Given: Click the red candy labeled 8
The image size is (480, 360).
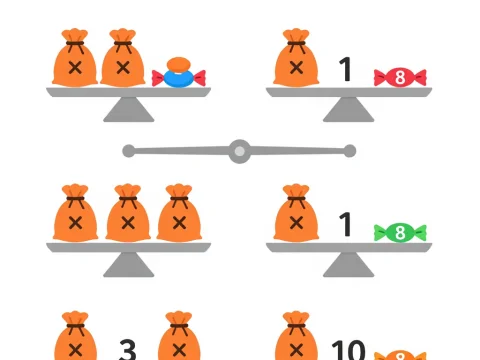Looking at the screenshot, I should [x=399, y=76].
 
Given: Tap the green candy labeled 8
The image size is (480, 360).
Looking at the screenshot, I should [x=399, y=233].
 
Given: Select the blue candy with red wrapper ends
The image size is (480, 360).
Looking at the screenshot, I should [x=179, y=73].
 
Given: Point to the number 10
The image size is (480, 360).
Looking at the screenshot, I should [x=348, y=349].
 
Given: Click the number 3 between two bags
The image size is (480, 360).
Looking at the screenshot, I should [x=127, y=349].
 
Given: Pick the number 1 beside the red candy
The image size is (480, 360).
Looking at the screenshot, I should [x=346, y=70].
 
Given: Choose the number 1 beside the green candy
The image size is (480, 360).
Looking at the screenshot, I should [x=346, y=225].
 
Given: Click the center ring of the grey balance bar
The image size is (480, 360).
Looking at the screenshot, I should [x=239, y=151].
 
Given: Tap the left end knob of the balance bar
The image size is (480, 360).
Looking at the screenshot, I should [x=128, y=151].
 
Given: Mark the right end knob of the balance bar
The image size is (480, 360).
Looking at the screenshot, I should [x=350, y=151].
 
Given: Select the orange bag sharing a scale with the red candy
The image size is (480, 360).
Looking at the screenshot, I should [x=297, y=59].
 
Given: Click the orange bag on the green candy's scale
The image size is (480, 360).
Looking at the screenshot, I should [x=297, y=214].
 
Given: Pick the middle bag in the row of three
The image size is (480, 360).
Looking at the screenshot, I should [x=127, y=214].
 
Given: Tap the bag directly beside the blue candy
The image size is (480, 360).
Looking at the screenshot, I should [x=123, y=59].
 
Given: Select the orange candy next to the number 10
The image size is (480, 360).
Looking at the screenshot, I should [x=399, y=354].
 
